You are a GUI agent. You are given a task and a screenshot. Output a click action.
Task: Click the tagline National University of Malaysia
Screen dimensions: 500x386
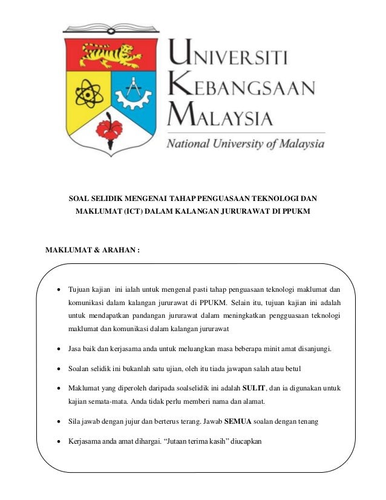[x=246, y=144]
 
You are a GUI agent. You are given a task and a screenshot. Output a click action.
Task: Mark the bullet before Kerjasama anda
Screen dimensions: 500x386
[x=59, y=442]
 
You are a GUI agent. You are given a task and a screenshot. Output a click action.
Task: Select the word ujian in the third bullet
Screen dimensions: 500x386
[x=178, y=369]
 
